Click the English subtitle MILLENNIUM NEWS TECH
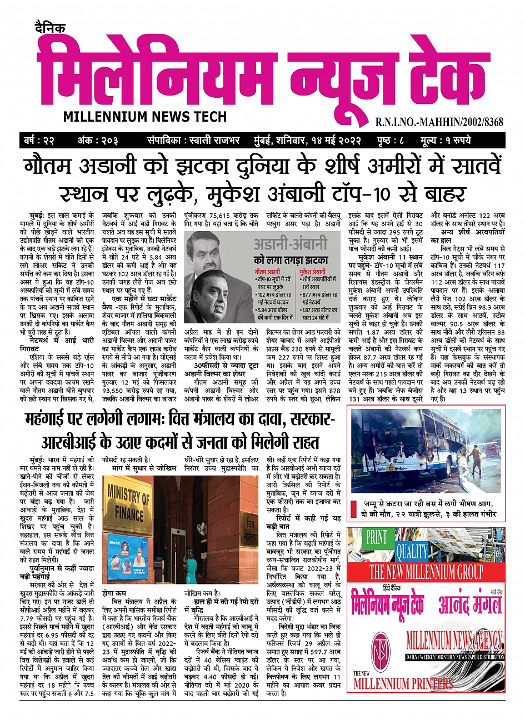click(145, 117)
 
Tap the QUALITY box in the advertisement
click(412, 552)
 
